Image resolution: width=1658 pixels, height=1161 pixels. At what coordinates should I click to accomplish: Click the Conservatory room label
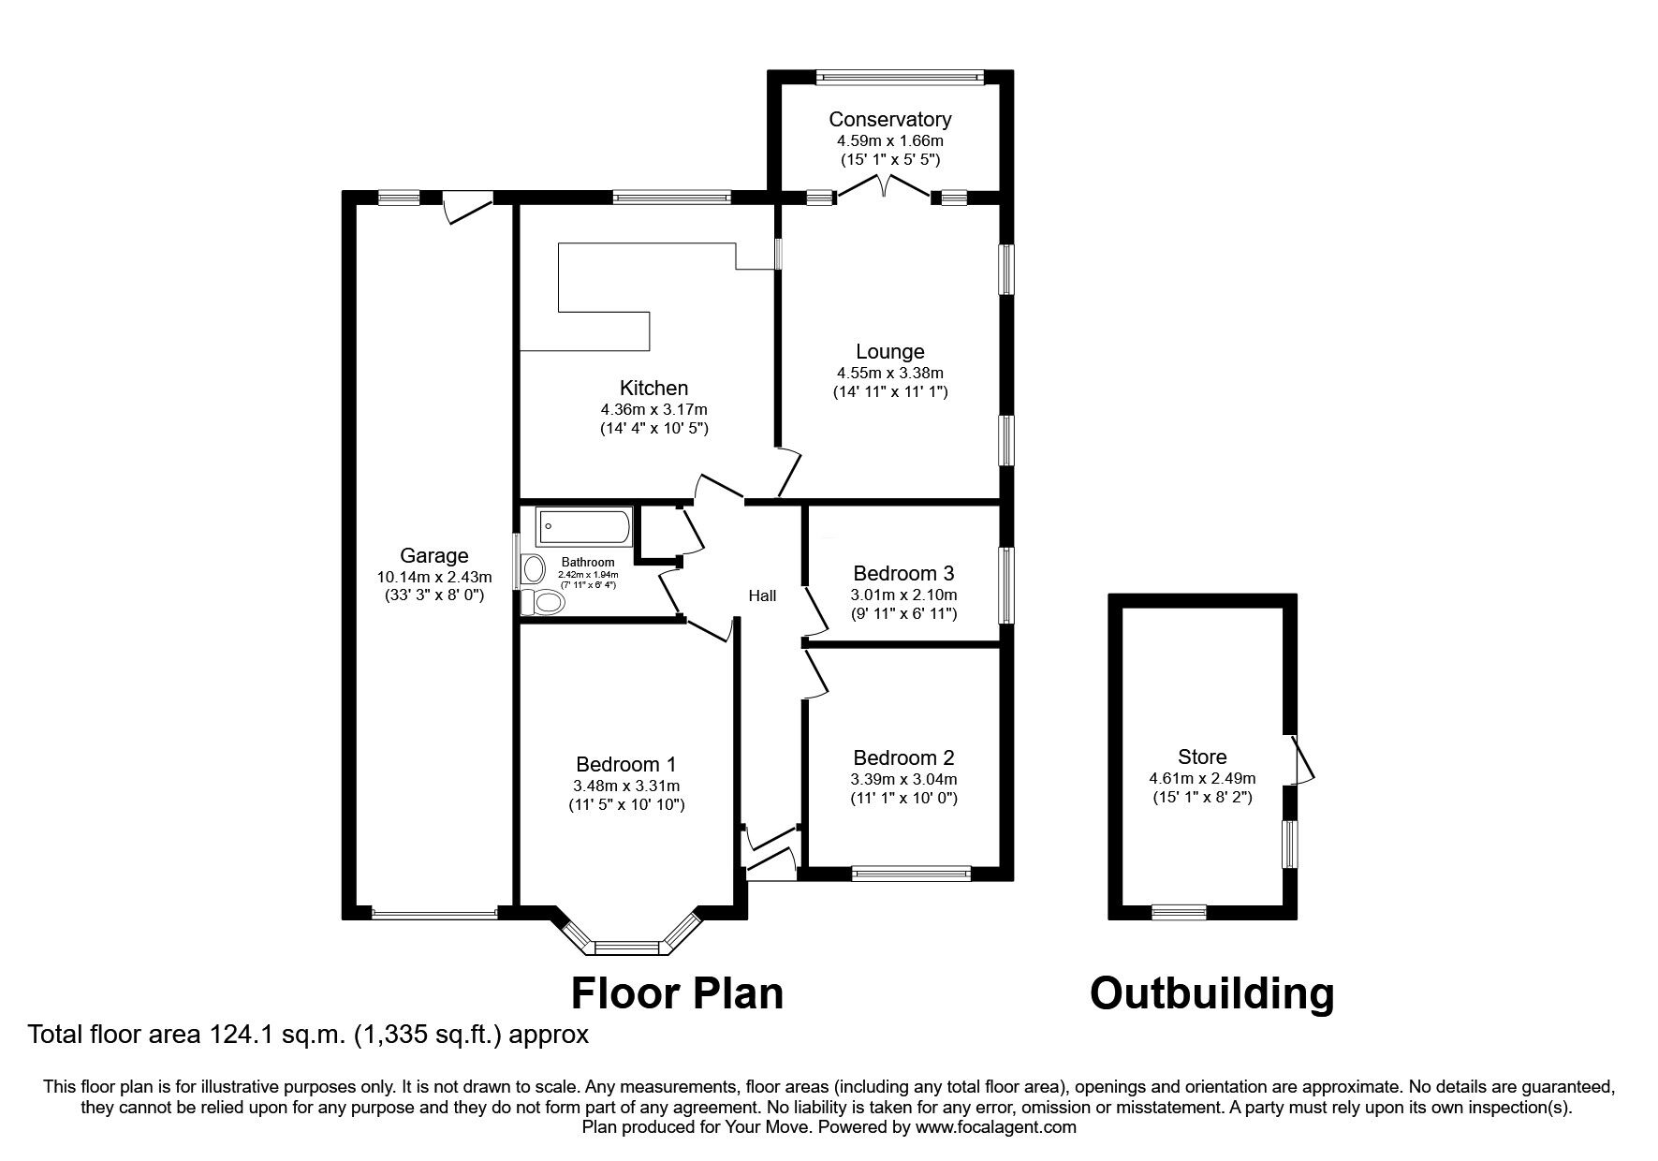(889, 119)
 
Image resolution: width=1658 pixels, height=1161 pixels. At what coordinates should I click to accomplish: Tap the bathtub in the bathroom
(584, 527)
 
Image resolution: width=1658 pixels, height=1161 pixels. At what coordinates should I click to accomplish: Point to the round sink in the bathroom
(535, 568)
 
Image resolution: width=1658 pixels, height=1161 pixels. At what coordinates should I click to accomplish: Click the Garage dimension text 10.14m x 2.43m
(433, 577)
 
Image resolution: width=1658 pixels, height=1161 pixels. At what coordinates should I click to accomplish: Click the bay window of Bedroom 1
(628, 947)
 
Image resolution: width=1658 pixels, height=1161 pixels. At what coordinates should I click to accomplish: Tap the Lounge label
(889, 352)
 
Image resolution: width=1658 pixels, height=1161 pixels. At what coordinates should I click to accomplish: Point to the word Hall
(762, 595)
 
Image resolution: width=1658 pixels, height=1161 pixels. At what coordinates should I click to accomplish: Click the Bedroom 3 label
(902, 573)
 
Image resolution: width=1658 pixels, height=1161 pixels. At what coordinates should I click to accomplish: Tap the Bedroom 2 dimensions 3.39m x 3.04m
(902, 779)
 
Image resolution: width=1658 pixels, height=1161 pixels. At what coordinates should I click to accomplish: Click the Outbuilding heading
(1211, 993)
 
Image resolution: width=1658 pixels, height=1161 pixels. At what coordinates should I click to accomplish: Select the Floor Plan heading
(677, 993)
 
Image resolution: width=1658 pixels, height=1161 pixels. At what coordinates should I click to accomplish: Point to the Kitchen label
(653, 388)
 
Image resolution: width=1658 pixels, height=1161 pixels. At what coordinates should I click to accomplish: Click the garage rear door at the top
(465, 204)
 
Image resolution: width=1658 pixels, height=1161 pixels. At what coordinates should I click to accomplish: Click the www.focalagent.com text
(995, 1127)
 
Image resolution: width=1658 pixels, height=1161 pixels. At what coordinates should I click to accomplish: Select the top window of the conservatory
(899, 78)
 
